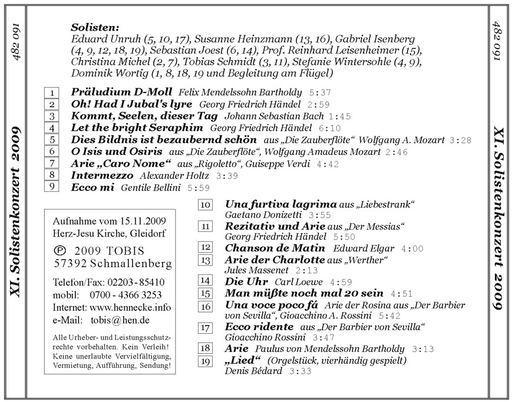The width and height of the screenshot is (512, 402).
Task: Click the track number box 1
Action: coord(52,93)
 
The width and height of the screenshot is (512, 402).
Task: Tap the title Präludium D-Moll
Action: coord(121,92)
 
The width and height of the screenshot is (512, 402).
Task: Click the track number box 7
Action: coord(52,163)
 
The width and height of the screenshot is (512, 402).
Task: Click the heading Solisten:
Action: coord(95,27)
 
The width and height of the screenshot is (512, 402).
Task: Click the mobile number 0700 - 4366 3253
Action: coord(126,294)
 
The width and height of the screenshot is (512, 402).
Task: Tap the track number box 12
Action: coord(206,248)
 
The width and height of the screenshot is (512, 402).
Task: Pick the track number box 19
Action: coord(206,361)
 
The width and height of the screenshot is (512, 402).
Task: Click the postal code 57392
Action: coord(70,262)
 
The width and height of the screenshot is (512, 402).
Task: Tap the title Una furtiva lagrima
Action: coord(280,204)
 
